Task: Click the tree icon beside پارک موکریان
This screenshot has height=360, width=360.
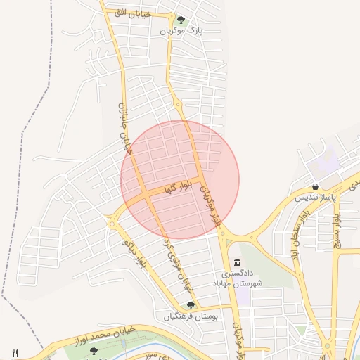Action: coord(181,20)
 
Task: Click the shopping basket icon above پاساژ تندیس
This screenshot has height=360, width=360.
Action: coord(316,186)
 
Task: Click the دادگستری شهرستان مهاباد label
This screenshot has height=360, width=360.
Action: coord(240,277)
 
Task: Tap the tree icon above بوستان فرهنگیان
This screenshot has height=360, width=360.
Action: coord(191,304)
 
